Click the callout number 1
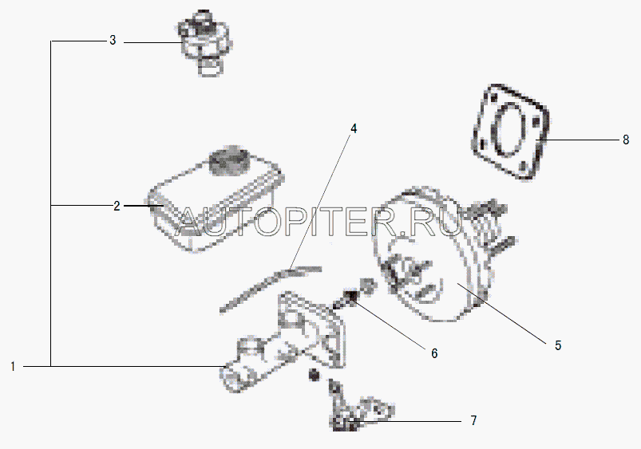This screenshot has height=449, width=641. (13, 367)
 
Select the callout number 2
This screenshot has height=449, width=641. (117, 206)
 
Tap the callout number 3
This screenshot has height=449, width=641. (113, 40)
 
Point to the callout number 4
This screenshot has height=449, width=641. (354, 128)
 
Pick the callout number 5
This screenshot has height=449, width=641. (558, 345)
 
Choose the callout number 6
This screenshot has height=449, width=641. (434, 353)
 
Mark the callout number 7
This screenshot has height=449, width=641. (474, 420)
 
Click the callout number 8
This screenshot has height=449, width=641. (626, 140)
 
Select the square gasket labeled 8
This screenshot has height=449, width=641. (511, 132)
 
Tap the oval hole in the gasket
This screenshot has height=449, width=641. (509, 130)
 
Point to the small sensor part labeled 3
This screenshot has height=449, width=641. (204, 43)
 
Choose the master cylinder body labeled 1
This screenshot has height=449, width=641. (282, 343)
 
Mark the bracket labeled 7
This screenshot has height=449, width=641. (360, 408)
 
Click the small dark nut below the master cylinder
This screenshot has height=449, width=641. (314, 374)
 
